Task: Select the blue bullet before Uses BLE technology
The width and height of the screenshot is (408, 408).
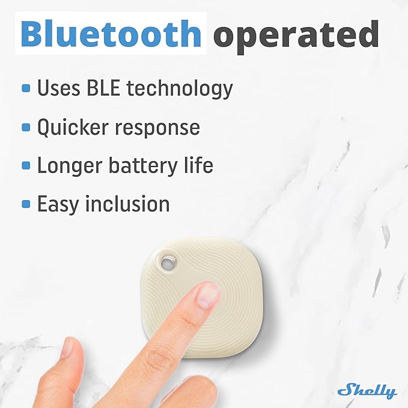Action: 26,88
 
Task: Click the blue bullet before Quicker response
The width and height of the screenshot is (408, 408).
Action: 26,127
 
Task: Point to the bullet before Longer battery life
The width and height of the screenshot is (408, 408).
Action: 26,165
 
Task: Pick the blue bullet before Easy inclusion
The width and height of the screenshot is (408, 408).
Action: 26,204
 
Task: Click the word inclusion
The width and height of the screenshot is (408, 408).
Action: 127,204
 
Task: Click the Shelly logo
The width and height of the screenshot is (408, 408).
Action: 367,391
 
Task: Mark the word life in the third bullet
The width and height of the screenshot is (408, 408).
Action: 198,165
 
